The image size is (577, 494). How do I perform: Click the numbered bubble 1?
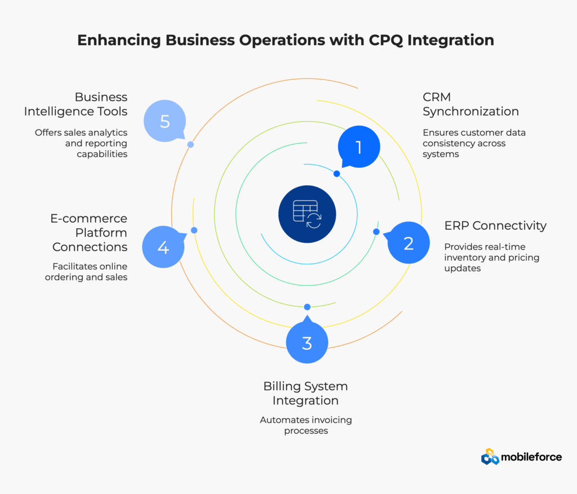coord(359,148)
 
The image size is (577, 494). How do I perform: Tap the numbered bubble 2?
coord(409,243)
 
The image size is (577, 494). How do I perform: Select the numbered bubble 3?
coord(307,342)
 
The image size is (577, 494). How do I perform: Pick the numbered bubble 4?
coord(163,247)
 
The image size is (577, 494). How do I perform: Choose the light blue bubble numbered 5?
coord(165,121)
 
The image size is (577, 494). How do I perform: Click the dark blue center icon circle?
coord(307,215)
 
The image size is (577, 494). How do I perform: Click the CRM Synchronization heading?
coord(471,104)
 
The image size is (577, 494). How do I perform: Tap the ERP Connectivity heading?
coord(495,225)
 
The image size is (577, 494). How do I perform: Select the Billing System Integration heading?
coord(305,393)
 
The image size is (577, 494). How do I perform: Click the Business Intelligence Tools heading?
coord(76,104)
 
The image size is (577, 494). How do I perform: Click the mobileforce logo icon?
coord(490,457)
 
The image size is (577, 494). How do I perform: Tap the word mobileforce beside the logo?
coord(532,457)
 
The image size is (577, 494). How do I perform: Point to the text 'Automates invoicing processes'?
coord(305,425)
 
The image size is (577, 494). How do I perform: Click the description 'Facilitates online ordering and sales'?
coord(86,272)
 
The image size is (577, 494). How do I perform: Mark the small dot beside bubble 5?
coord(190,145)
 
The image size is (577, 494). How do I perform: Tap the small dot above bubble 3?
coord(307,307)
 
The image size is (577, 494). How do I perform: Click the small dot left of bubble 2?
coord(376,232)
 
